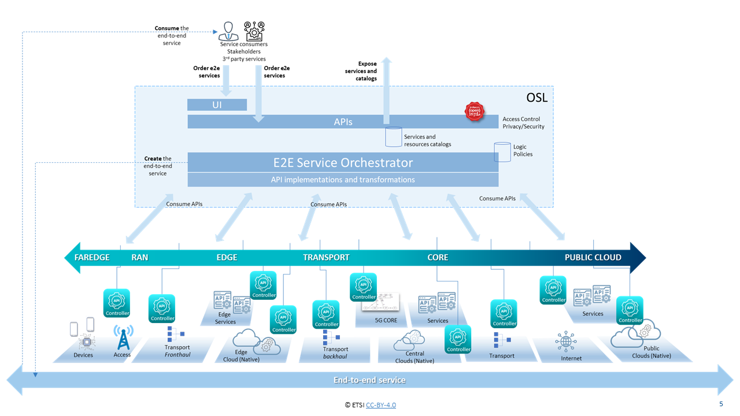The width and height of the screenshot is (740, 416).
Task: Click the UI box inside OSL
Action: pyautogui.click(x=217, y=105)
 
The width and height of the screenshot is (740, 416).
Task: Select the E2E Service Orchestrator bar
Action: pyautogui.click(x=343, y=162)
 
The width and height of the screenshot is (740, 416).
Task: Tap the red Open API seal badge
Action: pyautogui.click(x=475, y=112)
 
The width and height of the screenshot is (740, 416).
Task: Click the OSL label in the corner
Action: pyautogui.click(x=536, y=98)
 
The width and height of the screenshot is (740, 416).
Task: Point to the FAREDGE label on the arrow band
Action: pyautogui.click(x=92, y=257)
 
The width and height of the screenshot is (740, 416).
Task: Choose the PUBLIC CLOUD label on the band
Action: pyautogui.click(x=593, y=257)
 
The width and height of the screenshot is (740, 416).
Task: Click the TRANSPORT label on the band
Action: pyautogui.click(x=326, y=257)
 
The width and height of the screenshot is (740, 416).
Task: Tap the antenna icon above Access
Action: pyautogui.click(x=123, y=337)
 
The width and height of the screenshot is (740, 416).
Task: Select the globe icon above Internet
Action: pyautogui.click(x=565, y=341)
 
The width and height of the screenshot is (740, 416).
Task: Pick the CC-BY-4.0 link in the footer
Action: pyautogui.click(x=381, y=405)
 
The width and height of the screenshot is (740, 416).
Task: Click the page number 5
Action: pyautogui.click(x=720, y=404)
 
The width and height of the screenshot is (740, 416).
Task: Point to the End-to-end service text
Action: pyautogui.click(x=369, y=380)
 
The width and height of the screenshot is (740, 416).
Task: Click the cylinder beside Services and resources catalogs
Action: pyautogui.click(x=394, y=137)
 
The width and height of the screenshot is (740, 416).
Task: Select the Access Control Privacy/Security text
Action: pyautogui.click(x=523, y=122)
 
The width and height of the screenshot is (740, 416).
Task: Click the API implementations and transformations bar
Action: pyautogui.click(x=343, y=180)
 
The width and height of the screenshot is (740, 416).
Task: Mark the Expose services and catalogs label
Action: pyautogui.click(x=361, y=71)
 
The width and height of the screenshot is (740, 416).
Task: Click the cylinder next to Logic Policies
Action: pyautogui.click(x=502, y=151)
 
